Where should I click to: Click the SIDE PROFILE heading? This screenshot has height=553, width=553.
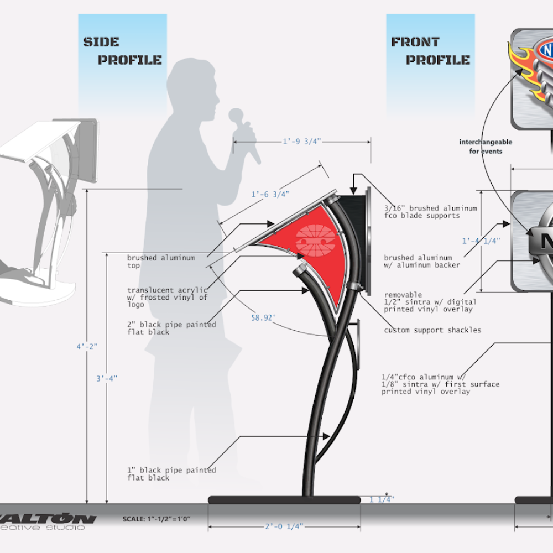[122, 51]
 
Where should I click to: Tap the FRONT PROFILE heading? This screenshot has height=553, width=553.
[430, 51]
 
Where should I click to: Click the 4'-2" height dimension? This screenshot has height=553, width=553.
[87, 346]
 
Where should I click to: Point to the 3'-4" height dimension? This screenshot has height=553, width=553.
[106, 378]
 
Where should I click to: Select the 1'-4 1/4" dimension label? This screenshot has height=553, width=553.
[481, 241]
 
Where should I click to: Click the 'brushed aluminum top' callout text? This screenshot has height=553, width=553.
[161, 262]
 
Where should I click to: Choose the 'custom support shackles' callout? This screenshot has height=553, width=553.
[432, 330]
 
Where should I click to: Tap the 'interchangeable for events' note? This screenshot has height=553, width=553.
[486, 146]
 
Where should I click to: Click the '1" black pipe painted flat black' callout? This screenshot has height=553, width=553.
[171, 474]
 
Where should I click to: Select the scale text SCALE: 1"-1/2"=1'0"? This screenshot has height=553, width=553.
[156, 519]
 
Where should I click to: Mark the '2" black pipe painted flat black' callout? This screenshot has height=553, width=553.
[171, 328]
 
